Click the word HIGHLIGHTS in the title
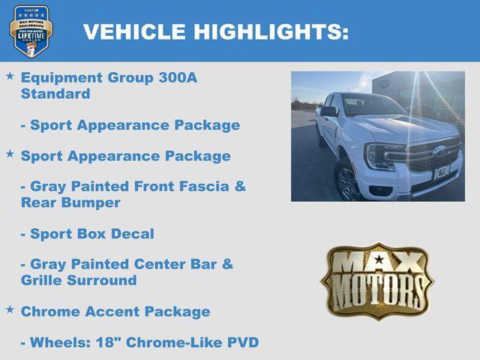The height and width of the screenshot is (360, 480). (x=271, y=32)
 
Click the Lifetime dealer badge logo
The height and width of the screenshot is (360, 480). (x=31, y=31)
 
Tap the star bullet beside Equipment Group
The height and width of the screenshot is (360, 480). (x=10, y=76)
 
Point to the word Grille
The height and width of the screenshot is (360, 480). (x=45, y=280)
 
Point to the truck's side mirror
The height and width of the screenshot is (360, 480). (x=328, y=112)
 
